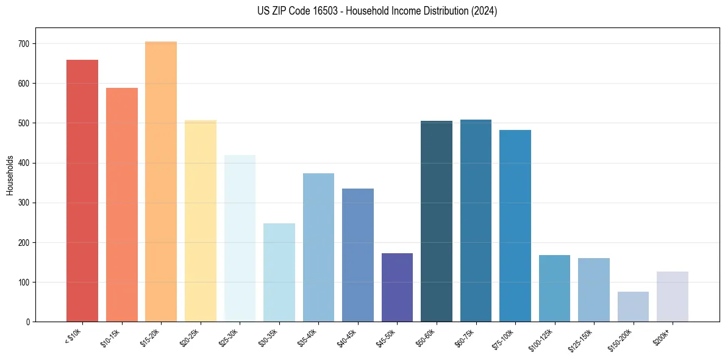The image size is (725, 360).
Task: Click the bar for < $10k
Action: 82,190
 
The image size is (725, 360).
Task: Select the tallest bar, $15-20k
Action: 161,181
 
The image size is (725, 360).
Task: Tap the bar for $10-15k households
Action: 122,204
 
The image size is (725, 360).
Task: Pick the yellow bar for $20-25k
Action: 201,221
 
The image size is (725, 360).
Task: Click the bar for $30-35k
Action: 279,272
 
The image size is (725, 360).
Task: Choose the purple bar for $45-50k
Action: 397,287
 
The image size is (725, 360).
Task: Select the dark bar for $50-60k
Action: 437,221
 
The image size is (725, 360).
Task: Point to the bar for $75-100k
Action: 515,226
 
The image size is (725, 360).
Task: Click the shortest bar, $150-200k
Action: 633,306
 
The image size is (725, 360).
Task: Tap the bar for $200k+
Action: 673,297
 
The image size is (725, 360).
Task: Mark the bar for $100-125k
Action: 554,288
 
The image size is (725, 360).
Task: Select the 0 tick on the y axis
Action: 29,322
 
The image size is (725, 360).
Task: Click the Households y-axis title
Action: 10,175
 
